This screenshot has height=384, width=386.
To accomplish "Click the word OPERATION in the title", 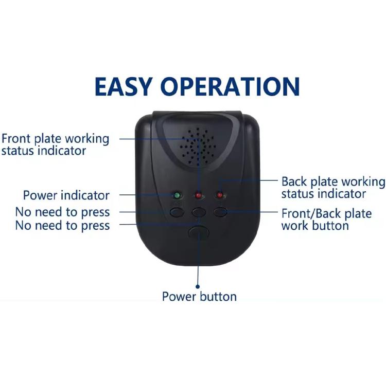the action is (x=230, y=86).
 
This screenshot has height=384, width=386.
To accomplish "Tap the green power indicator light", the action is (x=177, y=195).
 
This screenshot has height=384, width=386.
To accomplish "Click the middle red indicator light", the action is (x=199, y=195).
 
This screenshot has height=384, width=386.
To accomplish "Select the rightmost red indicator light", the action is (x=220, y=195).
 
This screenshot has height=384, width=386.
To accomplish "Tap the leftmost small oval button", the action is (x=177, y=212).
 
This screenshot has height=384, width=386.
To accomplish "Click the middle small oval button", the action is (x=199, y=212).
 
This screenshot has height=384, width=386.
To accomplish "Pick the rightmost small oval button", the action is (x=220, y=212).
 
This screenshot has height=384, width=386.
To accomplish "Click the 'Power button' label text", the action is (x=199, y=297).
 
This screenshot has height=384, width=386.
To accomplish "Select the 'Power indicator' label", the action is (x=66, y=195).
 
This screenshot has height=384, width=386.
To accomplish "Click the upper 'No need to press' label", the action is (x=62, y=212).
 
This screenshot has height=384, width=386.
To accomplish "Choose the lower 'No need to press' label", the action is (x=62, y=226).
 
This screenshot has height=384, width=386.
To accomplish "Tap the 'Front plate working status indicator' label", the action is (x=55, y=145).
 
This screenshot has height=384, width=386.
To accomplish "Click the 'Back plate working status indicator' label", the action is (x=334, y=188).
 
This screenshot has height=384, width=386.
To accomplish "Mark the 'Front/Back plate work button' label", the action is (x=327, y=220).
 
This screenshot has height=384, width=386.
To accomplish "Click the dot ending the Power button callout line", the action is (x=198, y=287).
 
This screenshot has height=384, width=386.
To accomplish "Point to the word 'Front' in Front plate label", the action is (x=16, y=139).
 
